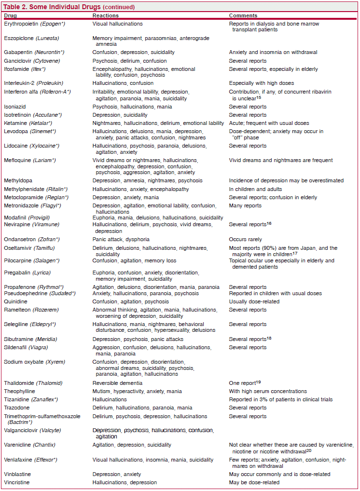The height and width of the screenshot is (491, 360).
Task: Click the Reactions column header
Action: (x=105, y=16)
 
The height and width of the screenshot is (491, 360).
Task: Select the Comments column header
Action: (x=243, y=16)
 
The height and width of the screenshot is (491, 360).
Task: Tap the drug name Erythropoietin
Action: (x=21, y=24)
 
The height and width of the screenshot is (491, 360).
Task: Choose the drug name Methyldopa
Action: (x=17, y=180)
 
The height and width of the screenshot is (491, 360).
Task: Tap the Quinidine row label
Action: (x=15, y=301)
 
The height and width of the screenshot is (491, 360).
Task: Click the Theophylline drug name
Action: (x=19, y=391)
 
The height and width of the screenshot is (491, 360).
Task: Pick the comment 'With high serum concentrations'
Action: (x=267, y=391)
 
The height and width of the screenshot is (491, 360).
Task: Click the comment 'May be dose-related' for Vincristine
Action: (x=254, y=482)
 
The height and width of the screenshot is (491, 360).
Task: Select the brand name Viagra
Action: (x=43, y=347)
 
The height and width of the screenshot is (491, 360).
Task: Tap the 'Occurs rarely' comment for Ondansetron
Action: (x=246, y=239)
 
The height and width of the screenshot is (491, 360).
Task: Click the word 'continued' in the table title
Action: (x=118, y=7)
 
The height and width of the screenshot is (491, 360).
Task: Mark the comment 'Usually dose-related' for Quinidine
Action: (x=253, y=301)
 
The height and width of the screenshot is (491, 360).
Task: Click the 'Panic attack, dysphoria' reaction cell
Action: (x=121, y=239)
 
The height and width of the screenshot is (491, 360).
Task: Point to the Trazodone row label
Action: (x=17, y=408)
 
